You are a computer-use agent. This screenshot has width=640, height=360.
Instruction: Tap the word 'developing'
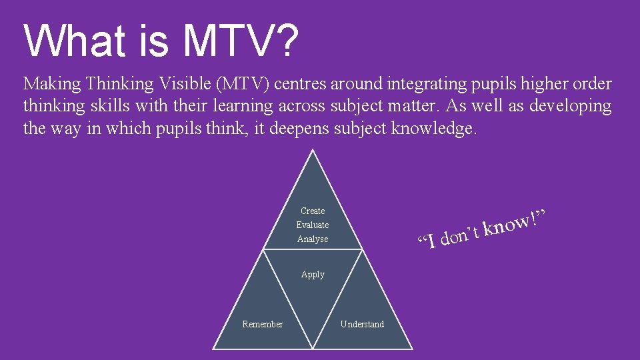571,106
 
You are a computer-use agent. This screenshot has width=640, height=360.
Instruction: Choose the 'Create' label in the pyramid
313,211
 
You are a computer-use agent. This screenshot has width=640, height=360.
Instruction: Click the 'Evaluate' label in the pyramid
313,225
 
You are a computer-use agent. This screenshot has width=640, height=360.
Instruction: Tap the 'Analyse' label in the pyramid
313,239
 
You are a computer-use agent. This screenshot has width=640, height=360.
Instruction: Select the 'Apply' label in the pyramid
313,274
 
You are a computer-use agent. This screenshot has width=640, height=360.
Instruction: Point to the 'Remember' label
262,324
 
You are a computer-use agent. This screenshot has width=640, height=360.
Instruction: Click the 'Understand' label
362,324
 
